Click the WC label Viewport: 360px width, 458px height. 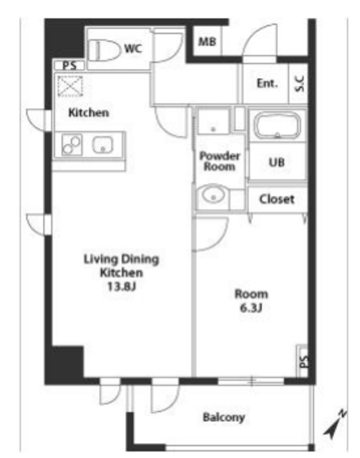[x=133, y=48]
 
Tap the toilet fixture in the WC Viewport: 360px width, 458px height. [x=104, y=51]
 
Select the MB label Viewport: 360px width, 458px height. [x=207, y=42]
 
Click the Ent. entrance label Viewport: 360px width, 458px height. [x=267, y=84]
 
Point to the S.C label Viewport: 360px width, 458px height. [x=300, y=84]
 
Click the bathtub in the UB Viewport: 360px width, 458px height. [x=277, y=125]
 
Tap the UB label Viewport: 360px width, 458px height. [x=276, y=162]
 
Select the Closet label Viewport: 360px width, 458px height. [x=277, y=199]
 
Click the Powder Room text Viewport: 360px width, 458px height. [x=220, y=161]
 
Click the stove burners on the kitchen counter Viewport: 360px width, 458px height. [x=72, y=145]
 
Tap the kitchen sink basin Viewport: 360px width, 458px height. [x=103, y=145]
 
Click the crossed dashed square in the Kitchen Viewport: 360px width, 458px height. [x=70, y=86]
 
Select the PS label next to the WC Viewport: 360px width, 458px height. [x=69, y=65]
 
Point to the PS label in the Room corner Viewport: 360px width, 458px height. [x=304, y=361]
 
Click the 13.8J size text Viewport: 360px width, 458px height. [x=122, y=286]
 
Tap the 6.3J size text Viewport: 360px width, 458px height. [x=251, y=308]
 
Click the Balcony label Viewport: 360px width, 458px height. [x=224, y=417]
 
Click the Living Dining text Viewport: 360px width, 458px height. [x=121, y=259]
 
